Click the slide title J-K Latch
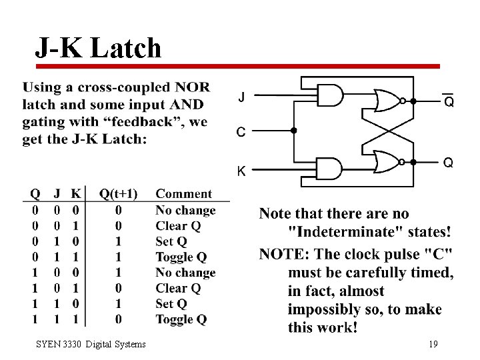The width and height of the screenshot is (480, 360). pos(98,48)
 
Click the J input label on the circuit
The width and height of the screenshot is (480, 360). pos(241,97)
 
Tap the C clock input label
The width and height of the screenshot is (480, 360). pos(241,132)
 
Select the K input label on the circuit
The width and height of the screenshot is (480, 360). pos(241,171)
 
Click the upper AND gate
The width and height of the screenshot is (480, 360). pos(331,95)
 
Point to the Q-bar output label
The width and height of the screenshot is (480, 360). pos(449,101)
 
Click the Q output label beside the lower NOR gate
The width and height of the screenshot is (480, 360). pos(449,162)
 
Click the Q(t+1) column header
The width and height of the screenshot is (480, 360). pos(118,194)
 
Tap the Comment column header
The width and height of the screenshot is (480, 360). pos(183,194)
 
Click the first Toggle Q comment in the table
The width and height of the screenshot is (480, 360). pos(181,257)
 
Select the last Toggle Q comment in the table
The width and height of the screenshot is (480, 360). pos(181,319)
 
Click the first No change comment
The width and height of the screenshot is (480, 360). pos(185,210)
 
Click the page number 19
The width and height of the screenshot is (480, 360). pos(433,344)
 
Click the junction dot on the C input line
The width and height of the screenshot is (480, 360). pos(294,131)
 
